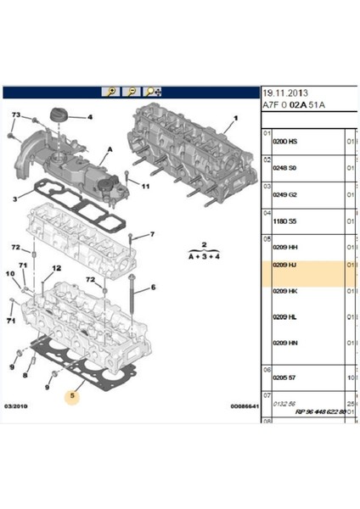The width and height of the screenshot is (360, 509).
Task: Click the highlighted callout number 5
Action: click(74, 394)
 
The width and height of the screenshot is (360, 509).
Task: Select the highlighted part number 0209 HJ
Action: click(284, 265)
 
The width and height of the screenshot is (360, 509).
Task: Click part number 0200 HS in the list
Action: click(284, 141)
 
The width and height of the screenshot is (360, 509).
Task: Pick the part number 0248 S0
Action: click(284, 169)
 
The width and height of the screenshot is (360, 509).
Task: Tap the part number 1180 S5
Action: click(284, 222)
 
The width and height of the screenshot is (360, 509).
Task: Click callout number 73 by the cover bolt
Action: click(16, 115)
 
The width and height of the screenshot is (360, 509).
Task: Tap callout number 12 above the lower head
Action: click(57, 268)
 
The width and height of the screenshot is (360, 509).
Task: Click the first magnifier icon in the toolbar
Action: click(111, 92)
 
